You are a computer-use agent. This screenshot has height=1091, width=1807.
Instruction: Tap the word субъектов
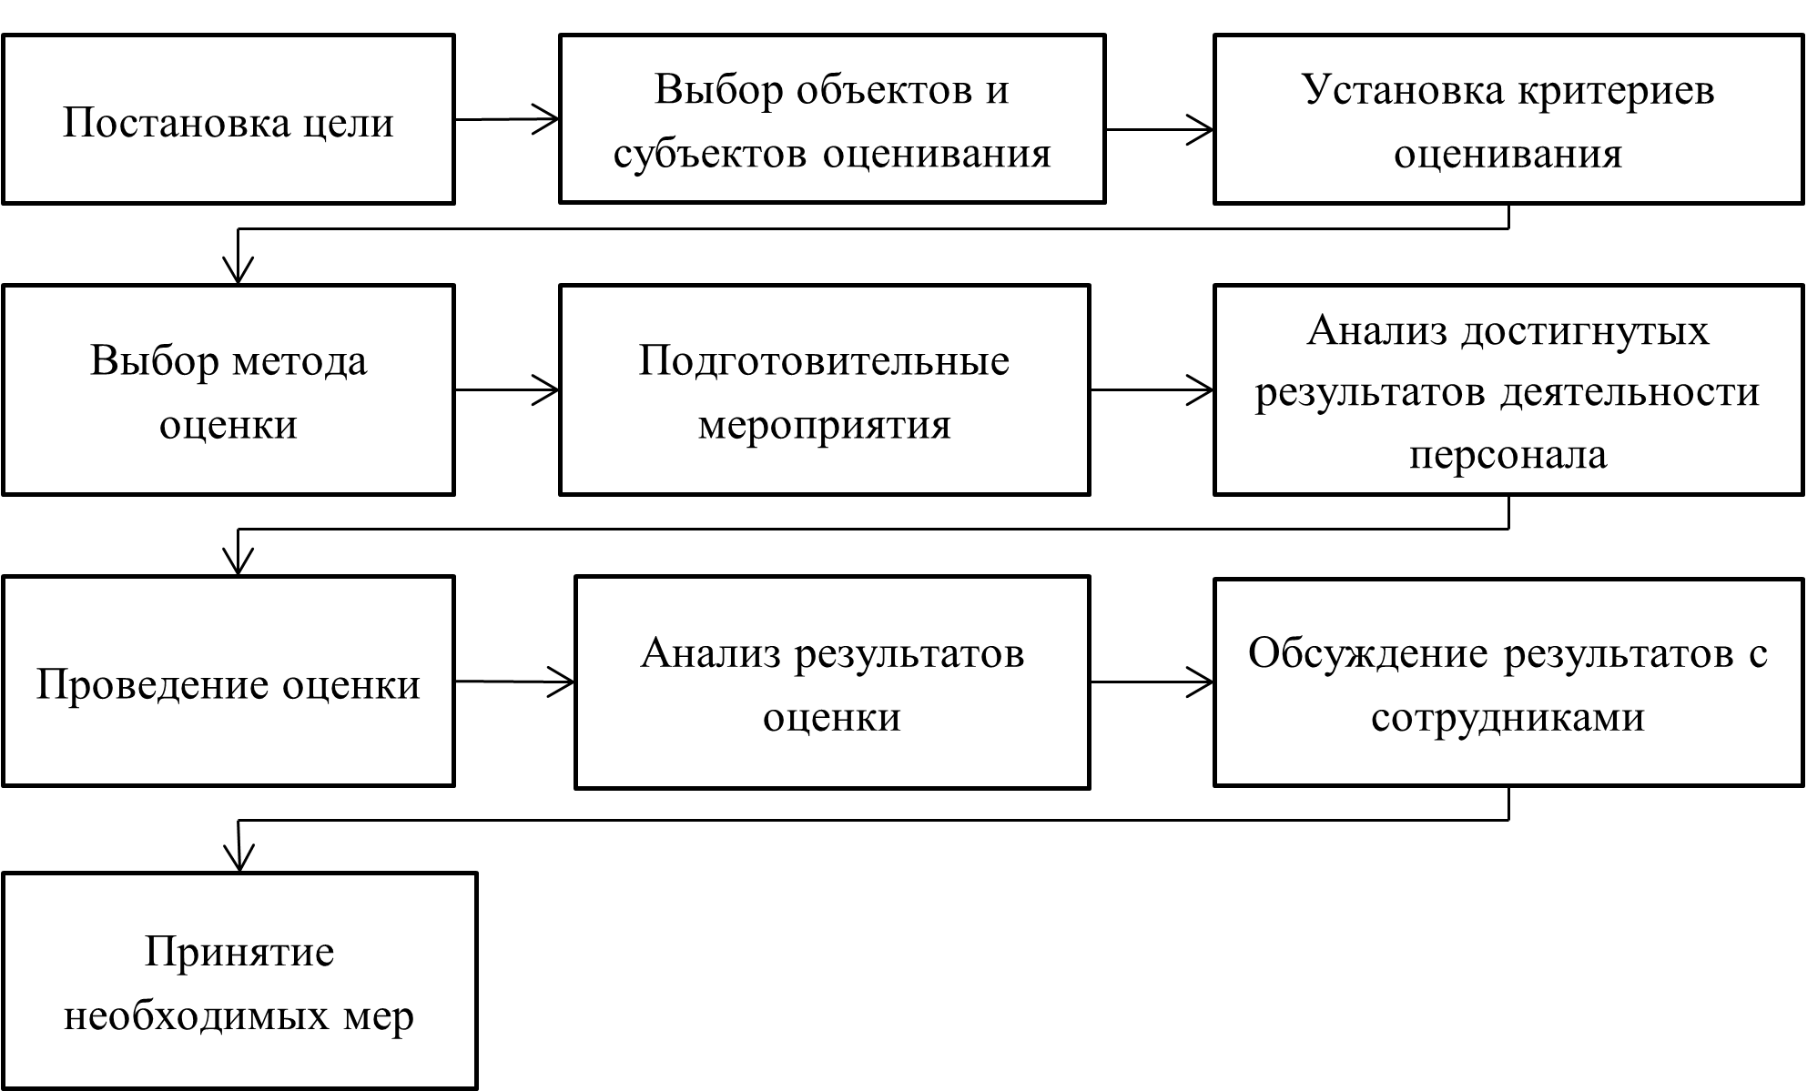click(x=709, y=153)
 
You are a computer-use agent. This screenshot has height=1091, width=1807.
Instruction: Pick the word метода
click(x=299, y=362)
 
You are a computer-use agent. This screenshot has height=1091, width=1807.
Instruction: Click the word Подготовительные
click(x=824, y=361)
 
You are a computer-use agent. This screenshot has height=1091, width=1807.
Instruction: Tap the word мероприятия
click(x=824, y=425)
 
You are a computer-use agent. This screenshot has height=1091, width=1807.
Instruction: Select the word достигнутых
click(x=1586, y=331)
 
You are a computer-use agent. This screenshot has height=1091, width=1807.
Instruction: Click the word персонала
click(x=1508, y=454)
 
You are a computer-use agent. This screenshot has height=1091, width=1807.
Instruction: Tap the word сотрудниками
click(x=1508, y=717)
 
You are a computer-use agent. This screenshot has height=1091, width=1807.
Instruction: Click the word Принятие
click(x=239, y=953)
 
